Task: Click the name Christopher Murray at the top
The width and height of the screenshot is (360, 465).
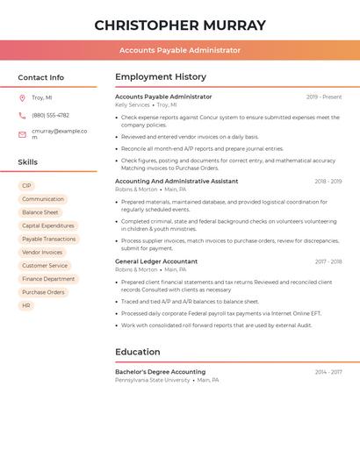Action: click(180, 25)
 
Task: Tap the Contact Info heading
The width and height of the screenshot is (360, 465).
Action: click(41, 77)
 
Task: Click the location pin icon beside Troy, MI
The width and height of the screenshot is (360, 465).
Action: click(22, 98)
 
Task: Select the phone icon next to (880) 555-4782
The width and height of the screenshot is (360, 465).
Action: click(22, 115)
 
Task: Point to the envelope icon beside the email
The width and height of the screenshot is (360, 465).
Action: click(22, 134)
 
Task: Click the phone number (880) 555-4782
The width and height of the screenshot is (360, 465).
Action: click(50, 115)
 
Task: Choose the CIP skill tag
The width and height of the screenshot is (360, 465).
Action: click(26, 186)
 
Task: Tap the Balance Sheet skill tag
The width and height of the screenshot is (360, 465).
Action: click(40, 212)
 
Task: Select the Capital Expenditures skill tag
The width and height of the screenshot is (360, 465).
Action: click(48, 225)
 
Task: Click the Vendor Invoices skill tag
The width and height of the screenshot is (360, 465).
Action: click(42, 252)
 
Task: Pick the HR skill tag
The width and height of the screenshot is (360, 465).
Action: click(26, 305)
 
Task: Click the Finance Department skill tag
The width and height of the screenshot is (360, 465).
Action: click(48, 279)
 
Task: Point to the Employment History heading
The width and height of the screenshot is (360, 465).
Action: click(161, 77)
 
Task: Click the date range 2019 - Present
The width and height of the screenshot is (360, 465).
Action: click(324, 97)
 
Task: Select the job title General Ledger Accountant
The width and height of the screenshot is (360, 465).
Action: click(156, 261)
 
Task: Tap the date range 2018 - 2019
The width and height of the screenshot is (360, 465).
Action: click(328, 182)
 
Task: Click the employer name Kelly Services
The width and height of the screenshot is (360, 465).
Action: click(133, 104)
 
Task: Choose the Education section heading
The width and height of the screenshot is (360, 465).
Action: click(138, 352)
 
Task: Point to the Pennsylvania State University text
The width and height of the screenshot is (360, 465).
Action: click(152, 380)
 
